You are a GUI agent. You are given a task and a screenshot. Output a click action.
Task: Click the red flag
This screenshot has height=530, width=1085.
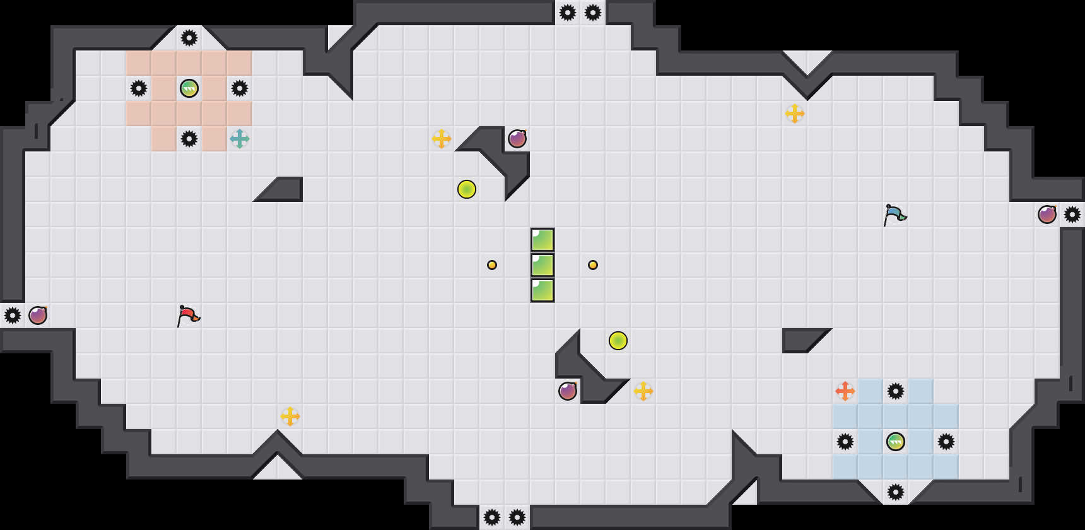pos(188,315)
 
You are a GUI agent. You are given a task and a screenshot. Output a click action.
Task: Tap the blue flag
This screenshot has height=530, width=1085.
pos(894,215)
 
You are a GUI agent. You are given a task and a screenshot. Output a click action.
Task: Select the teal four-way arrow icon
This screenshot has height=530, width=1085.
pos(240,139)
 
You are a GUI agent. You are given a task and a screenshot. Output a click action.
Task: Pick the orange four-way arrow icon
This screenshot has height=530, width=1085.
pos(845,391)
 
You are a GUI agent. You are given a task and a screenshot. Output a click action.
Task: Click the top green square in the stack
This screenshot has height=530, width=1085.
pos(542,240)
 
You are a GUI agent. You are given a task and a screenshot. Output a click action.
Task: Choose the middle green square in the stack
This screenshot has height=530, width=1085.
pos(542,265)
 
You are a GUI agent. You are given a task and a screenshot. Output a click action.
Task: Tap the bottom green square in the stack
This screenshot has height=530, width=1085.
pos(542,290)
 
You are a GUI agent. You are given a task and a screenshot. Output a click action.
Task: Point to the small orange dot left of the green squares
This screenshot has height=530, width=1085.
pos(492,265)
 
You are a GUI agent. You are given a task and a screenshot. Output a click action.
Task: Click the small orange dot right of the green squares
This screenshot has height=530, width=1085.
pos(593,265)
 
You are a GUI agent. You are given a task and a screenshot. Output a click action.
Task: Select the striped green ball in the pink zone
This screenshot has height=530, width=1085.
pos(189,88)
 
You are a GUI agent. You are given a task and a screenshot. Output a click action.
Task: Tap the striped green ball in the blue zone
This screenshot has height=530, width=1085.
pos(896,442)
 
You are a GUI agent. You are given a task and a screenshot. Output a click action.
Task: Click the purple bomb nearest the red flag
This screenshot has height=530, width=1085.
pos(38,315)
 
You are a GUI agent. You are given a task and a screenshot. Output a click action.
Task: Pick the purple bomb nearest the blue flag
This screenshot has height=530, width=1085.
pos(1047,215)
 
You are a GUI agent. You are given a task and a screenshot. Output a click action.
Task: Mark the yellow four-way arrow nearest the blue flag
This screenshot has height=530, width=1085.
pos(795,114)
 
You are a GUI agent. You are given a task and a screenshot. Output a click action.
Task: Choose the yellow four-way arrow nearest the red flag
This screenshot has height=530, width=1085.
pos(290,416)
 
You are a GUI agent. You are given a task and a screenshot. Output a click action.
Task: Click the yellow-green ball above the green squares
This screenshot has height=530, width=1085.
pos(467,189)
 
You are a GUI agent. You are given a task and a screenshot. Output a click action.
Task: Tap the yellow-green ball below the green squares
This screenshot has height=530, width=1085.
pos(618,341)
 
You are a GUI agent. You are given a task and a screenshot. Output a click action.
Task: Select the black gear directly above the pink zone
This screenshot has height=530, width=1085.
pos(189,38)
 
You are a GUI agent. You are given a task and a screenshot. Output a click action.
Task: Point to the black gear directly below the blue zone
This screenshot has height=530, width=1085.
pos(896,492)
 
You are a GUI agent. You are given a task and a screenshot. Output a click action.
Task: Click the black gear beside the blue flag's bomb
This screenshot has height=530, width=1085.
pos(1072,215)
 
